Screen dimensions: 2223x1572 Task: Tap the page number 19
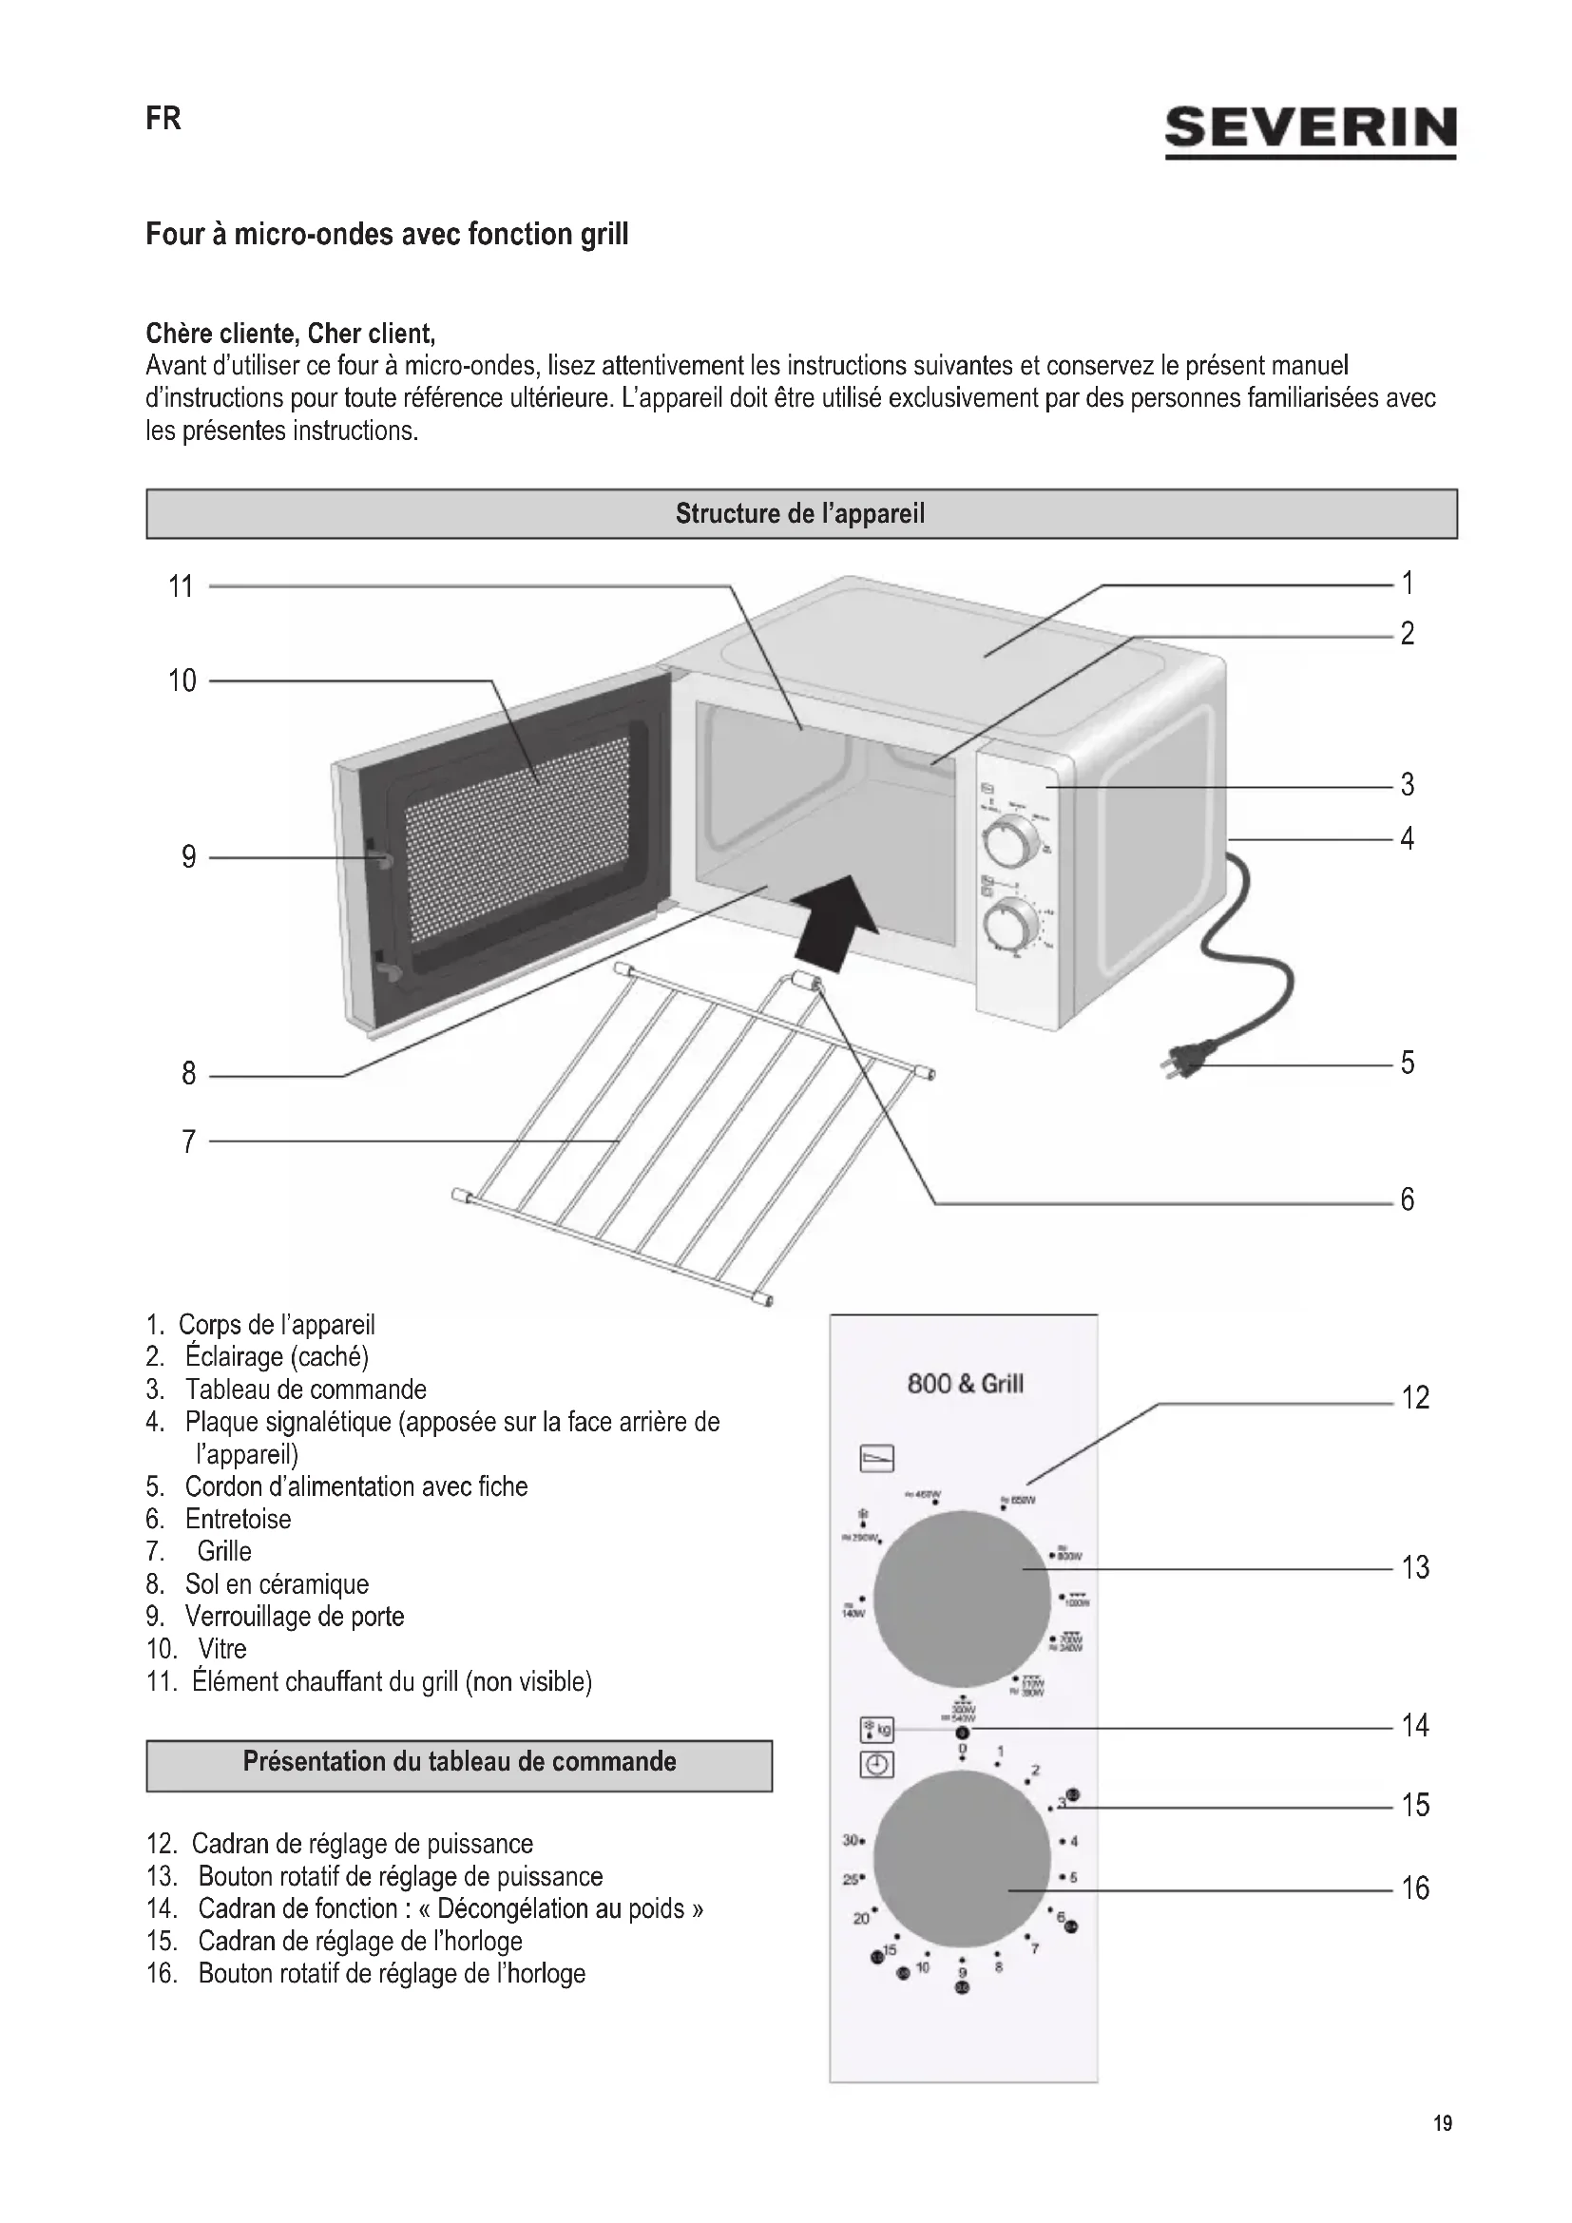tap(1443, 2123)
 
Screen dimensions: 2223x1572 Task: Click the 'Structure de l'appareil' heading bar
tap(800, 513)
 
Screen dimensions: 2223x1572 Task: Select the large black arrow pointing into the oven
tap(834, 920)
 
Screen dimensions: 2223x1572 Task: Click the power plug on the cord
tap(1185, 1064)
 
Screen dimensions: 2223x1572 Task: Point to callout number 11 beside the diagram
tap(181, 586)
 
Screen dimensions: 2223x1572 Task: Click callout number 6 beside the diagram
tap(1408, 1200)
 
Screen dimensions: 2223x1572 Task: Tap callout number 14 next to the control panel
tap(1415, 1725)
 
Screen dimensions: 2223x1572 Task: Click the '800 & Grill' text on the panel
tap(965, 1384)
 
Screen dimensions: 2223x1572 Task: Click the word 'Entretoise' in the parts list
tap(239, 1518)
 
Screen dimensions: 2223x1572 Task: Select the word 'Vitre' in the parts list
tap(222, 1648)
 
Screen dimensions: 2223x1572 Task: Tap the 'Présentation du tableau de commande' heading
tap(459, 1760)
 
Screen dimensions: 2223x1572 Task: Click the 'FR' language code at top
tap(163, 118)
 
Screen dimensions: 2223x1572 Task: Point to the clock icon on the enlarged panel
tap(876, 1764)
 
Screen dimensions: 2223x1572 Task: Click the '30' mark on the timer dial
tap(852, 1840)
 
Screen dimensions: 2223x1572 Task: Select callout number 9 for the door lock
tap(189, 857)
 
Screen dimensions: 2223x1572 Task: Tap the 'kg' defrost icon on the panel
tap(877, 1728)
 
